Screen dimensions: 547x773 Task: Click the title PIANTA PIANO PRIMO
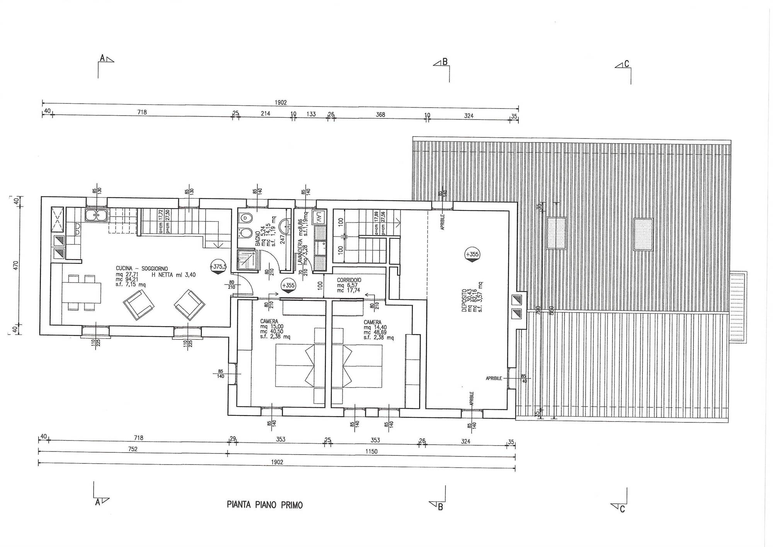(265, 505)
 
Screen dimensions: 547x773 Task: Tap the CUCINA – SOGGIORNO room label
(142, 268)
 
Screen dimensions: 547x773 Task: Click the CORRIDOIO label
(349, 280)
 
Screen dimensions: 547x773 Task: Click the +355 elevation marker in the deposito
(472, 255)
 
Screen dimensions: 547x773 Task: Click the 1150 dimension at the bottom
(371, 451)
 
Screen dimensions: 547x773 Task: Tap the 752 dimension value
(133, 450)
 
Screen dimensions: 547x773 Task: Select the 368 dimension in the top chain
(380, 115)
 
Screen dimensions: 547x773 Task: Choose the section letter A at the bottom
(97, 502)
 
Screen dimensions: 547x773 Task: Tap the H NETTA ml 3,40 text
(174, 275)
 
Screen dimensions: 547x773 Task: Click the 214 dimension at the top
(266, 114)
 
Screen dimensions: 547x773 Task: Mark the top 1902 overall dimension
(281, 103)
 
